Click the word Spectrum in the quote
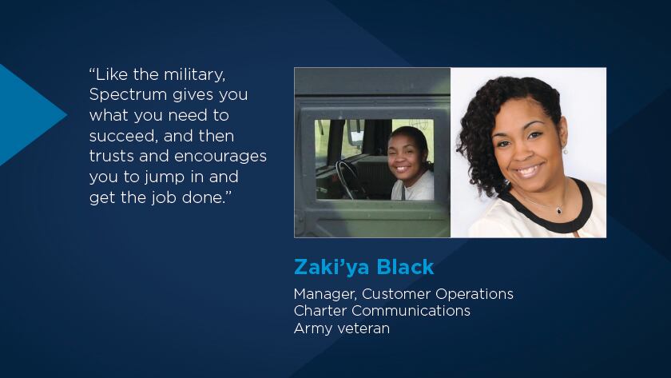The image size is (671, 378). (128, 95)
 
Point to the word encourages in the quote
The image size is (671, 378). (220, 157)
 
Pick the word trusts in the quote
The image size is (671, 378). (112, 157)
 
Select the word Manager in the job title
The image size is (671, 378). (326, 295)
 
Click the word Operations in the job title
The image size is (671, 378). (474, 295)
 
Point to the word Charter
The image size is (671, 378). (320, 311)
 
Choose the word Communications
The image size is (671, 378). (411, 311)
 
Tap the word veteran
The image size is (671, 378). (363, 328)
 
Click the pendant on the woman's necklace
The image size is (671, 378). (559, 210)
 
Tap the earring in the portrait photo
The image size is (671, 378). (566, 150)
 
